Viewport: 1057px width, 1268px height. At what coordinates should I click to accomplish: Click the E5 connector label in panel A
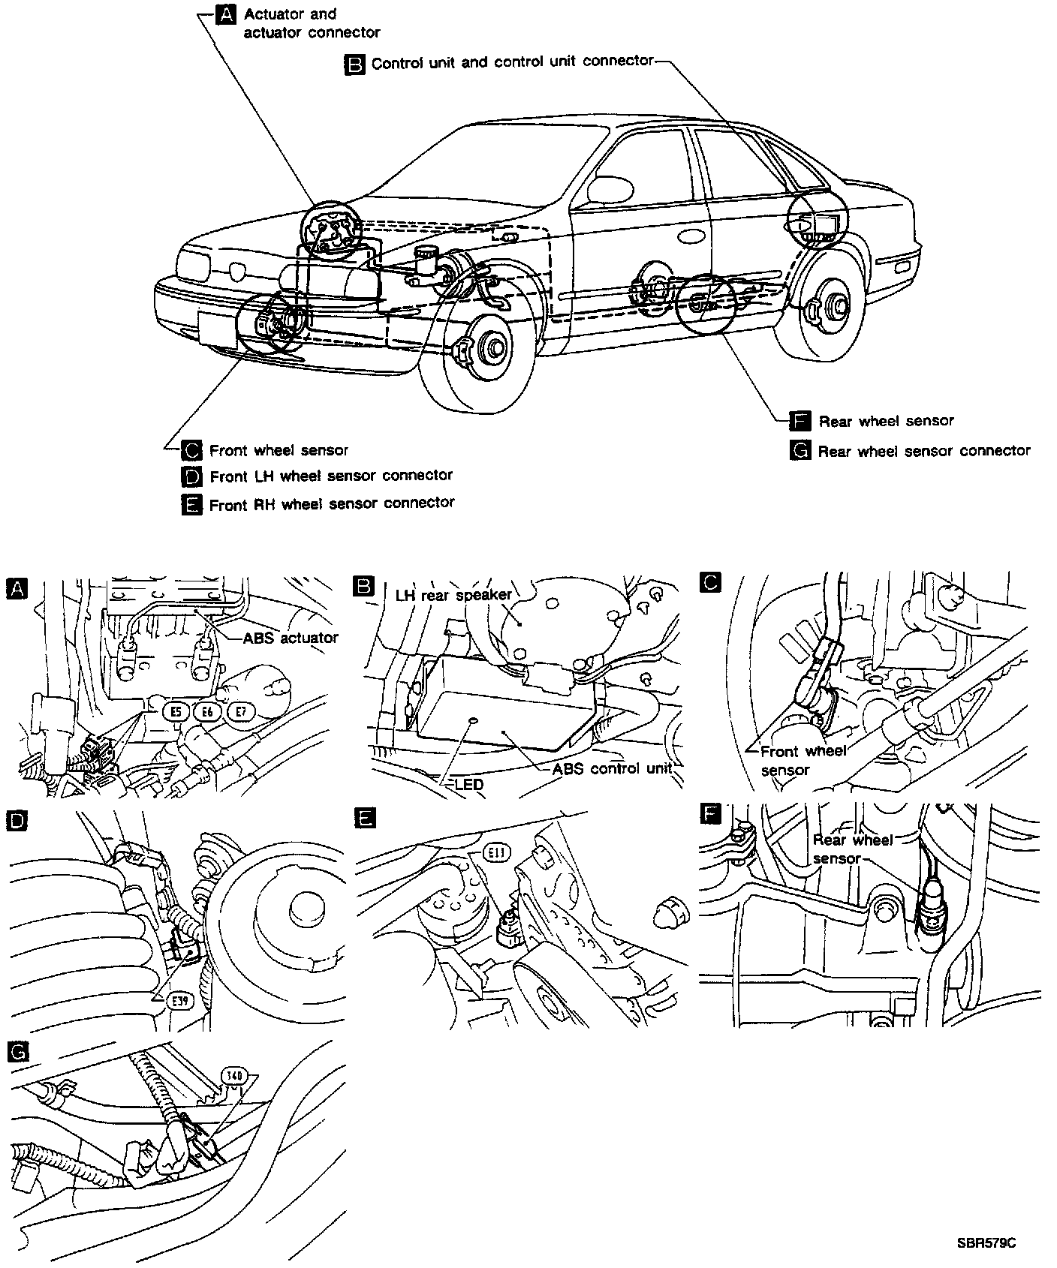[x=176, y=711]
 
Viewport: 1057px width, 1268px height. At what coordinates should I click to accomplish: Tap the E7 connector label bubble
[x=241, y=711]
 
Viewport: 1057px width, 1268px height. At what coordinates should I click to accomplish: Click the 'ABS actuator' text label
[x=291, y=638]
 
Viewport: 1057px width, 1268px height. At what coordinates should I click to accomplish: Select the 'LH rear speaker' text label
[x=453, y=595]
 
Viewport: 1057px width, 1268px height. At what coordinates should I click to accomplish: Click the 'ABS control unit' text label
[x=612, y=769]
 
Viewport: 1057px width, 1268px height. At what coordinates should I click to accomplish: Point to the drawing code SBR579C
[x=986, y=1243]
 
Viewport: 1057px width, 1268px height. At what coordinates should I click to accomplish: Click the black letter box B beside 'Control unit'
[x=354, y=64]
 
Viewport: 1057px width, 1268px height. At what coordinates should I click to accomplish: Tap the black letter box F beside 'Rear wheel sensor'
[x=801, y=421]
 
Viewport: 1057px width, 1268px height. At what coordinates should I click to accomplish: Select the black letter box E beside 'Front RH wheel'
[x=192, y=504]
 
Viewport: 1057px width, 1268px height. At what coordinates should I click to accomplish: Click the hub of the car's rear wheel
[x=833, y=306]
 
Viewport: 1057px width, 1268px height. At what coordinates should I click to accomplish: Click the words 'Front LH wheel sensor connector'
[x=331, y=476]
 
